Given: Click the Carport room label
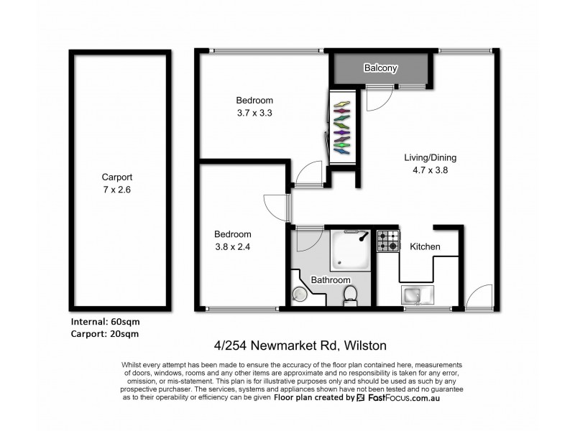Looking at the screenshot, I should (x=117, y=177).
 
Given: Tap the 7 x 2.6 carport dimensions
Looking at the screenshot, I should (x=117, y=190).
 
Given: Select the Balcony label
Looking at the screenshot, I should (x=381, y=68).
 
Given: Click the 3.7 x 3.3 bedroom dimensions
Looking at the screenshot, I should (x=254, y=113).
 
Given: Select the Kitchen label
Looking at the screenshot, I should (x=425, y=247).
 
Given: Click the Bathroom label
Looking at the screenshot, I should (x=330, y=279).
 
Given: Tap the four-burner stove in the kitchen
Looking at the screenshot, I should (x=389, y=241).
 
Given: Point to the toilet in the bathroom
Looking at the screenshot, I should (x=350, y=294).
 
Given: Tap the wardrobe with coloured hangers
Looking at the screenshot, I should (x=341, y=126).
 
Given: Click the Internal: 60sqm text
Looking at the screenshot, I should (x=106, y=322).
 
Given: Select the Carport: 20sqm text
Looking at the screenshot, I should (x=106, y=334).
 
